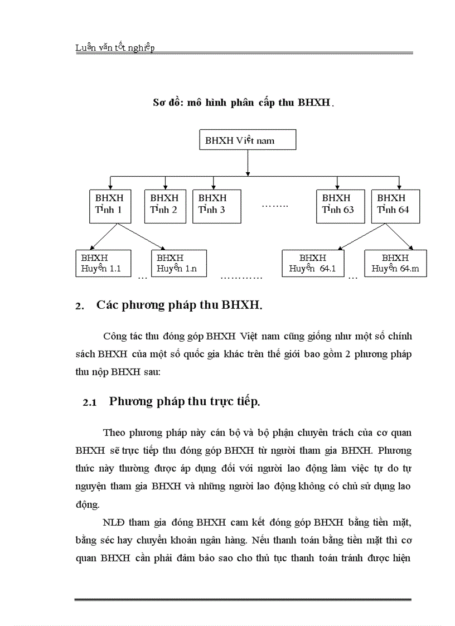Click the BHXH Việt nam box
(248, 140)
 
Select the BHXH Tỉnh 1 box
(110, 206)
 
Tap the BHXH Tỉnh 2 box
(164, 206)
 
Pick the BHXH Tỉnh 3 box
(217, 206)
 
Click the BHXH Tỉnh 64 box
(395, 206)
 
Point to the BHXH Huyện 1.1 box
(103, 264)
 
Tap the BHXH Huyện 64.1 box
(313, 264)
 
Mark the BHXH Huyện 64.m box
(395, 264)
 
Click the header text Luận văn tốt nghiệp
(115, 48)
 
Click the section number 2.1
(90, 402)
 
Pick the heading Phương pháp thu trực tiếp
(185, 401)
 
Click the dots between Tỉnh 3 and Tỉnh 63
(275, 206)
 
